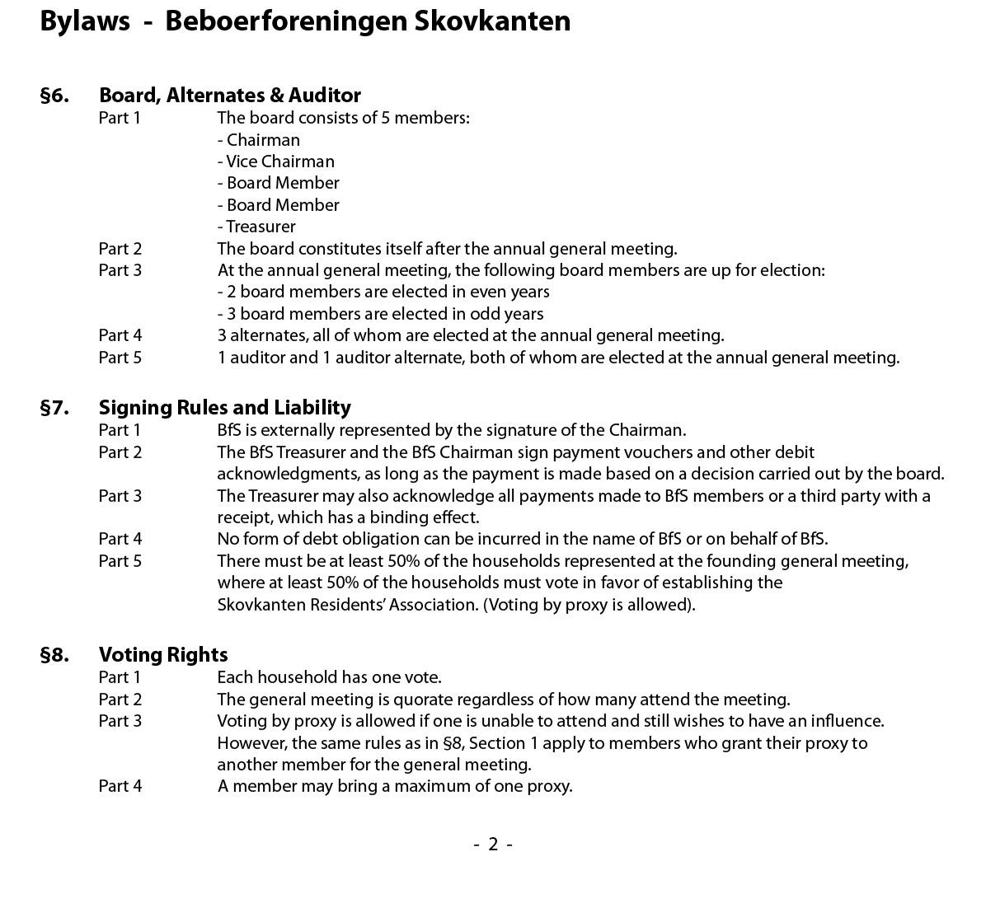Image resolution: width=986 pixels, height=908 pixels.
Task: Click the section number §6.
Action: point(54,96)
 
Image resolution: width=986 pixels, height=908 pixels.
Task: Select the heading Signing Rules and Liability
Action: point(224,408)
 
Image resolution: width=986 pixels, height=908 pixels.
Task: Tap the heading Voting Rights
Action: point(163,655)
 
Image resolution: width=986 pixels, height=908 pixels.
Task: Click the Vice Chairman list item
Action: point(276,161)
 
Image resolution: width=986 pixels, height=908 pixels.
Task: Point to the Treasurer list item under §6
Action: point(256,227)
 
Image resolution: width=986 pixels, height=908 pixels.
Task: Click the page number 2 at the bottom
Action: point(493,844)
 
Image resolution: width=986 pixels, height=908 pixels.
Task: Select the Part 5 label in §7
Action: point(120,561)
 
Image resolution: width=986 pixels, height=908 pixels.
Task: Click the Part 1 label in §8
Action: point(120,677)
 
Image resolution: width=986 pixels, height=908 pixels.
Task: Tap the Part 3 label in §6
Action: point(120,270)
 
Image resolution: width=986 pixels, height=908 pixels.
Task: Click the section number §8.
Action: point(54,655)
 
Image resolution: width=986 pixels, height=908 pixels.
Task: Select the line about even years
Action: point(383,292)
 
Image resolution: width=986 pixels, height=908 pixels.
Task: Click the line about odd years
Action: point(380,314)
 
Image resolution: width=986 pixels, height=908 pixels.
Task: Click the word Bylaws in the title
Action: point(85,21)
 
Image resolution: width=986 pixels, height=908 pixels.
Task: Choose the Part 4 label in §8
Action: point(120,786)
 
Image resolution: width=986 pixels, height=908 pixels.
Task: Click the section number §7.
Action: point(54,408)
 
